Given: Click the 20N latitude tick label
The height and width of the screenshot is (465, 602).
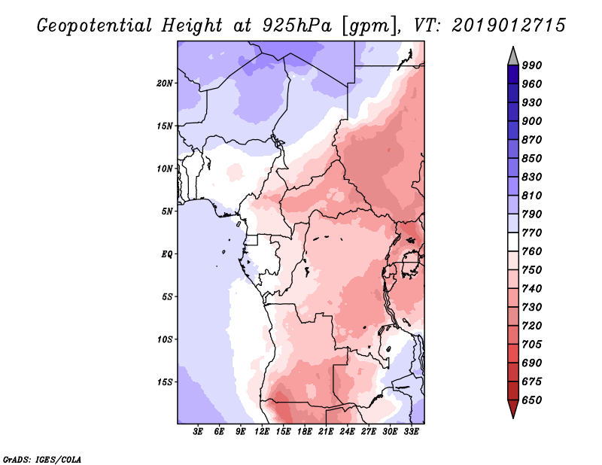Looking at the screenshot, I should click(165, 83).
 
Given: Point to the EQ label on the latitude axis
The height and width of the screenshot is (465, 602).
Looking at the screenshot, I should click(167, 254).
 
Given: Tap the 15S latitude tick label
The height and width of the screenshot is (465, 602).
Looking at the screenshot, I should click(165, 382).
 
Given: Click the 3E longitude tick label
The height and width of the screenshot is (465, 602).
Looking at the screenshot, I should click(199, 432).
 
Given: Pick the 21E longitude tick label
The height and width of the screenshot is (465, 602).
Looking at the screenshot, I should click(326, 432).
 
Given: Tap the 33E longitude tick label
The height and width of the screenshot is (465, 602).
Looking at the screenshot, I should click(411, 432).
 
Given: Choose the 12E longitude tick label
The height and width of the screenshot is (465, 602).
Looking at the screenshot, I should click(263, 432).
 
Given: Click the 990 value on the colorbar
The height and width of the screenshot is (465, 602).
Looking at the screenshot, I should click(532, 65).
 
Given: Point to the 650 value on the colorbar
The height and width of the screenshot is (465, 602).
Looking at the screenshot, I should click(532, 400).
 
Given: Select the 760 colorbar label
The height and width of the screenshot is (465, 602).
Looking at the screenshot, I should click(532, 251).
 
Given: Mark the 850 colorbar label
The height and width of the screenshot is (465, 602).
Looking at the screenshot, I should click(532, 159).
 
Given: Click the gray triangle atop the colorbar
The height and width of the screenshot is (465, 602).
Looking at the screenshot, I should click(512, 56).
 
